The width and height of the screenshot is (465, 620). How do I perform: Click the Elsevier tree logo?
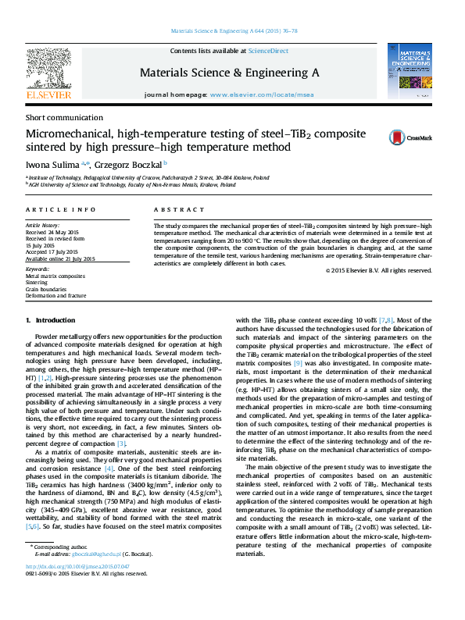point(48,69)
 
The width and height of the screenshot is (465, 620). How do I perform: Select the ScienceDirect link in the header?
point(268,51)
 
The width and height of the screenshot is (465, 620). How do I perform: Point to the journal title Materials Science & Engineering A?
point(229,73)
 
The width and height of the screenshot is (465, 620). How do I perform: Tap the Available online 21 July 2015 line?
point(60,258)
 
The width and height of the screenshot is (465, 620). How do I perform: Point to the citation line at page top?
point(234,32)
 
